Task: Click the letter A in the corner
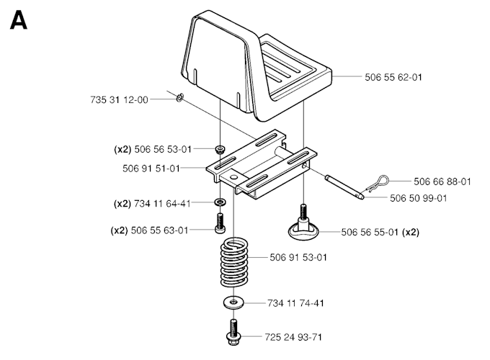click(19, 21)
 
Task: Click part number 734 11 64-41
click(161, 203)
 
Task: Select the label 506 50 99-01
click(418, 198)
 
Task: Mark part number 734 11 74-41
click(295, 303)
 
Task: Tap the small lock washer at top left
click(180, 98)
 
